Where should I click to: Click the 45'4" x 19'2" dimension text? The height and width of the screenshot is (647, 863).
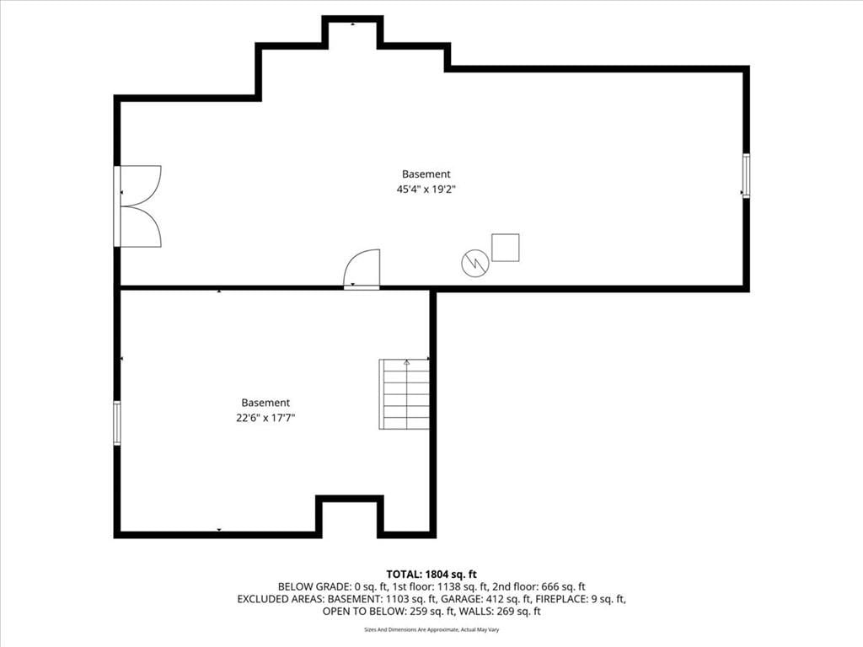(x=426, y=190)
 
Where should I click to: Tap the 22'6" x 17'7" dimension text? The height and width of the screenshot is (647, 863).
(x=265, y=418)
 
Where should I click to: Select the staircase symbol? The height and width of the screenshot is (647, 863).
(x=404, y=394)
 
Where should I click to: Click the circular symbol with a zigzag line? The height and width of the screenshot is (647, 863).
(x=475, y=263)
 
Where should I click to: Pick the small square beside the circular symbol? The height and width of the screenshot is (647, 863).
(x=506, y=248)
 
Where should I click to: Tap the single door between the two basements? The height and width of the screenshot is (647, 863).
(x=362, y=269)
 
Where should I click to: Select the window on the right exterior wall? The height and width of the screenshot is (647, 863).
(x=746, y=175)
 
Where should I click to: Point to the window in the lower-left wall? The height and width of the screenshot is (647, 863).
(x=117, y=423)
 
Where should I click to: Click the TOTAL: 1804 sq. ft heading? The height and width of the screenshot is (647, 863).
(x=431, y=575)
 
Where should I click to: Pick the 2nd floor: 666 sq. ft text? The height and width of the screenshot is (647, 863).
(x=539, y=587)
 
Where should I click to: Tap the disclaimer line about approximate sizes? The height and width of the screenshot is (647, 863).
(x=431, y=629)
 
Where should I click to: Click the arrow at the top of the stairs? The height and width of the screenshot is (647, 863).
(x=407, y=362)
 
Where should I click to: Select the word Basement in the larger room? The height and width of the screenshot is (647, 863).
(x=426, y=174)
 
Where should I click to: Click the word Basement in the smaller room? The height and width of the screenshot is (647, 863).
(x=265, y=403)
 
